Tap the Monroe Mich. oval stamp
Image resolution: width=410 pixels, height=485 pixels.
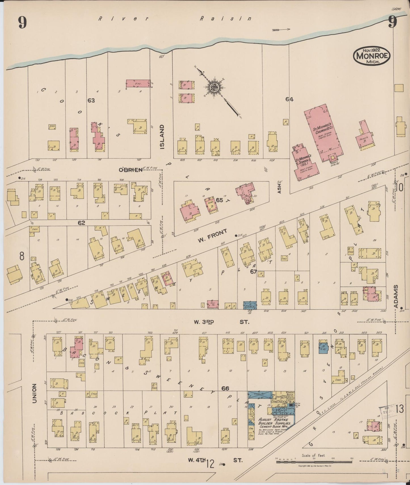click(372, 56)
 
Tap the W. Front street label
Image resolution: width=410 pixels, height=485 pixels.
click(213, 236)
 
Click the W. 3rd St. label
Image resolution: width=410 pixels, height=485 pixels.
click(221, 322)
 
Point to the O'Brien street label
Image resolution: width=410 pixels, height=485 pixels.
click(130, 170)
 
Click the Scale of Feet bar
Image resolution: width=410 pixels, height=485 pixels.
click(314, 462)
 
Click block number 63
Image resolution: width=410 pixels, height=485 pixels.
click(91, 100)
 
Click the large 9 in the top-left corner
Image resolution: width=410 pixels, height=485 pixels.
click(23, 23)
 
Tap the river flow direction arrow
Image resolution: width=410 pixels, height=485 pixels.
click(281, 29)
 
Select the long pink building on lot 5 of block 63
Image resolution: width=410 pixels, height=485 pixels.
click(138, 83)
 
